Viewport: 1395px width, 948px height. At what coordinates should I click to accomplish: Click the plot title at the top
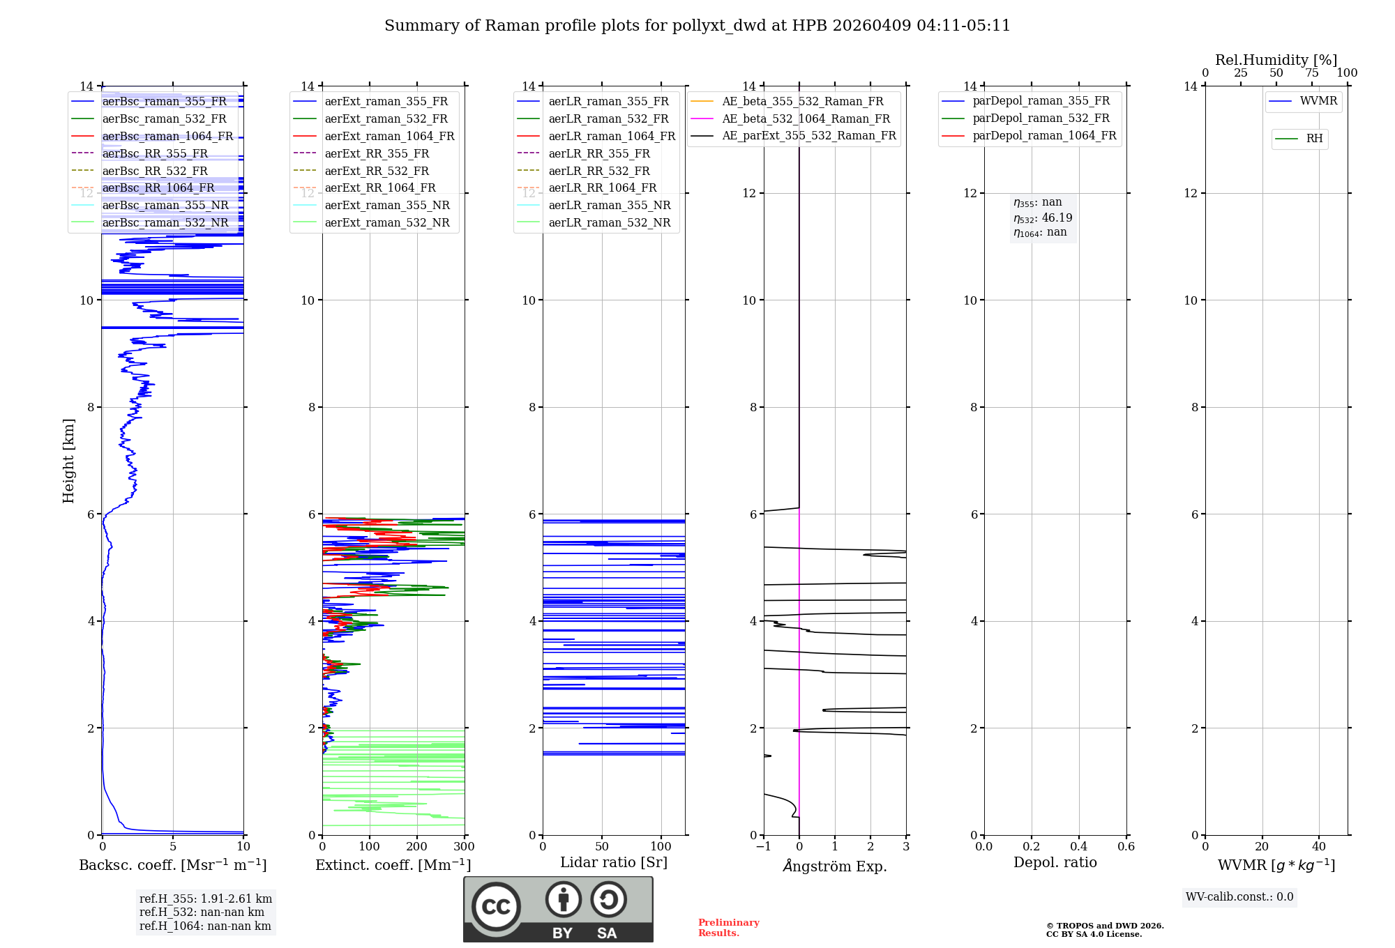tap(697, 26)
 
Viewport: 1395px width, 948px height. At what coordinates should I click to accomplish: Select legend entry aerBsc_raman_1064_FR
tap(167, 136)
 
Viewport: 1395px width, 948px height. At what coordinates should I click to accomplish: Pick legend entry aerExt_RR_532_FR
tap(377, 171)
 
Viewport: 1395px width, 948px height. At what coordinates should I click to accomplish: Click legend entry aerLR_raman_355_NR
tap(609, 205)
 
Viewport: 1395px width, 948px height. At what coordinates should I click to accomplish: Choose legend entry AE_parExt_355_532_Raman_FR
tap(809, 135)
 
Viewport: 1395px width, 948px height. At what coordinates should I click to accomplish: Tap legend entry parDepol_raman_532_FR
tap(1041, 118)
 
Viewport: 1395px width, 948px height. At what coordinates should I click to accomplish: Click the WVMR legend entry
tap(1318, 101)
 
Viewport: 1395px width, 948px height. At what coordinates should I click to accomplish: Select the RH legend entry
tap(1314, 139)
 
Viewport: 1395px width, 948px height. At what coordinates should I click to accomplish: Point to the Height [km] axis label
tap(68, 460)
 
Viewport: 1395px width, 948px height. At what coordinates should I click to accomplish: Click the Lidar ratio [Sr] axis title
tap(614, 862)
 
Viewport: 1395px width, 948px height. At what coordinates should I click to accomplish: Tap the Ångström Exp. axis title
tap(835, 866)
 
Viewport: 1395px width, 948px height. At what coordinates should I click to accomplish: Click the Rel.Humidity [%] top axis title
tap(1276, 60)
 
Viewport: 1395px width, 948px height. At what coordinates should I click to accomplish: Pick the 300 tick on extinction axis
tap(464, 847)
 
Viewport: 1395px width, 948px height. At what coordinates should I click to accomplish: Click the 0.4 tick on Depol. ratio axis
tap(1078, 847)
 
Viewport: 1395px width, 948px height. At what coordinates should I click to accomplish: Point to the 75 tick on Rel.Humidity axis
tap(1311, 73)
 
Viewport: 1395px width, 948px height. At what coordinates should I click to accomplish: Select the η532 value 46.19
tap(1057, 217)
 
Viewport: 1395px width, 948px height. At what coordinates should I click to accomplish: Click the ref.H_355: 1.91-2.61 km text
tap(206, 899)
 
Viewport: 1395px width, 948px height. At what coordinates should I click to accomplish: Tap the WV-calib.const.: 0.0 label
tap(1239, 897)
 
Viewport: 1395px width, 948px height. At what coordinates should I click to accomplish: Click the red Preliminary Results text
tap(728, 928)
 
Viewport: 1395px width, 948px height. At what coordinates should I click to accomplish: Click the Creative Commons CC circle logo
tap(496, 907)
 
